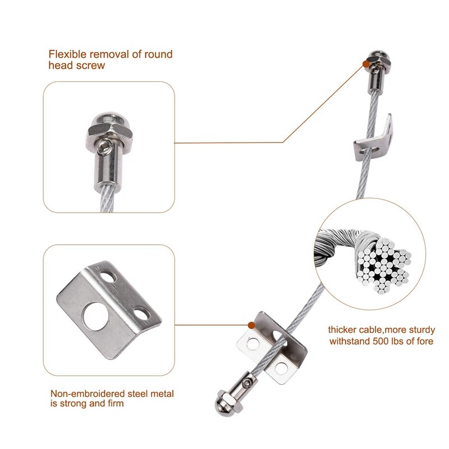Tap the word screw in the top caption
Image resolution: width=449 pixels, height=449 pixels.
(x=91, y=66)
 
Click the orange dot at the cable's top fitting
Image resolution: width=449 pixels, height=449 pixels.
(x=366, y=64)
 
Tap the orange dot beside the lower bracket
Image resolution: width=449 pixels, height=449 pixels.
(x=251, y=325)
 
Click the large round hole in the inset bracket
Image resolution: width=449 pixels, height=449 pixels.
(x=95, y=317)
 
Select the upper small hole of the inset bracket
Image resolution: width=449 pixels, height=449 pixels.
(x=108, y=276)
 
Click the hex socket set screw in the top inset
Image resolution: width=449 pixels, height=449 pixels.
(x=103, y=147)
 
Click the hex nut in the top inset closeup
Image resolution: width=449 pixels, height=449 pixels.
(x=109, y=131)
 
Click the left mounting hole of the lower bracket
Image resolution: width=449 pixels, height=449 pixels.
(x=253, y=343)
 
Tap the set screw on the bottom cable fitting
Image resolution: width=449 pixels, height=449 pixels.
(x=246, y=383)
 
